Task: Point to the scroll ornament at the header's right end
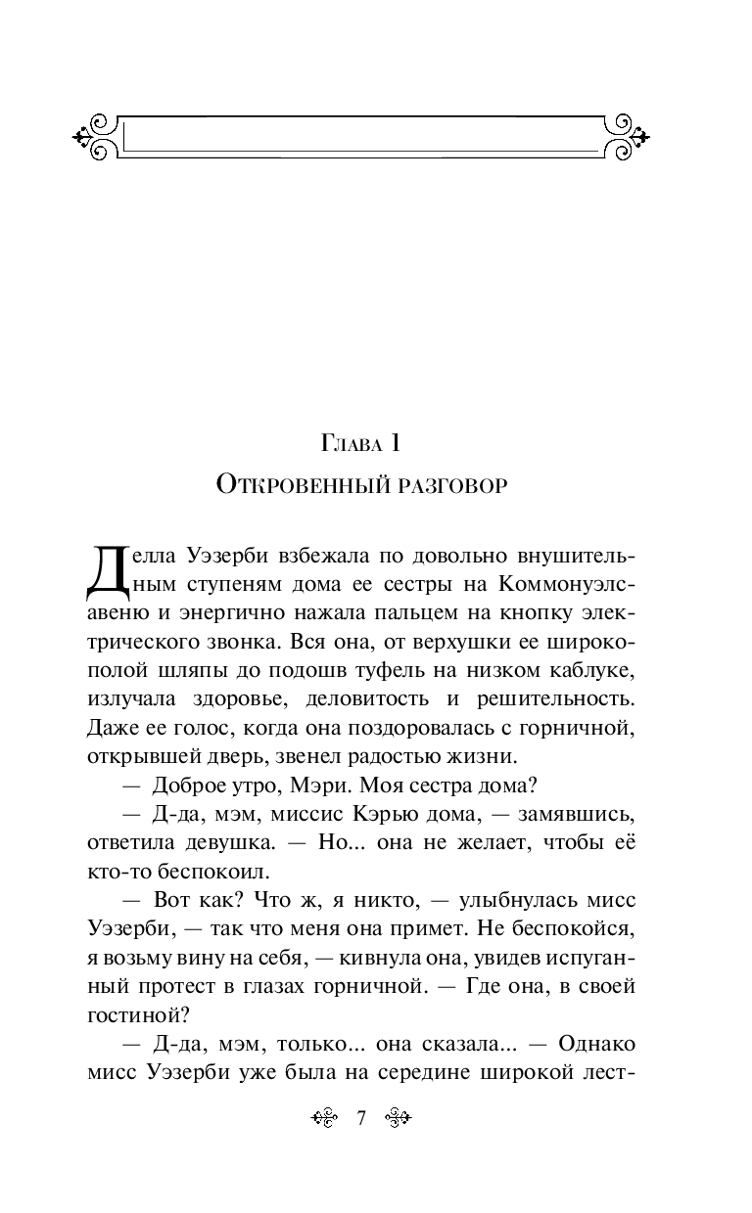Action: click(626, 136)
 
